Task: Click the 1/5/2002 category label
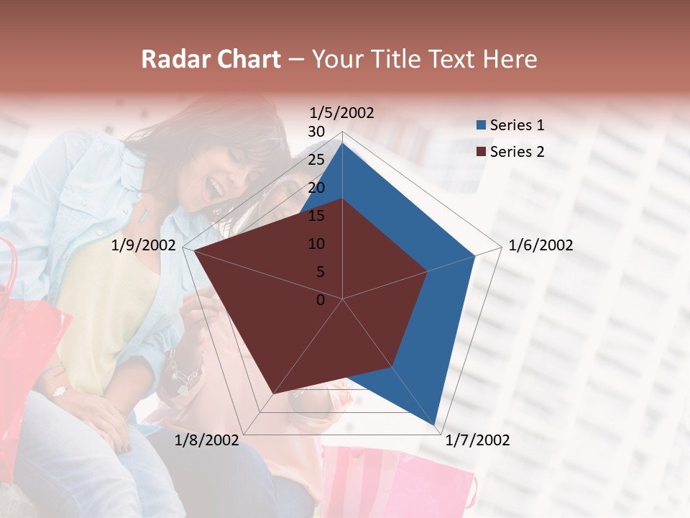[341, 112]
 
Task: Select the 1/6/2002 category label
[540, 245]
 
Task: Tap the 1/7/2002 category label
[477, 440]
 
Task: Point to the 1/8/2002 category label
[206, 440]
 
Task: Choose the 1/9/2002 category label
[144, 245]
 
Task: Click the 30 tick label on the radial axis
[316, 132]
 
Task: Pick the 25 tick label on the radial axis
[316, 160]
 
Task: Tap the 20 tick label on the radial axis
[316, 188]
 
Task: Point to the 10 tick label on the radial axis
[316, 244]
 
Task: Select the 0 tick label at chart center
[321, 300]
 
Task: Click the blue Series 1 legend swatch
[482, 125]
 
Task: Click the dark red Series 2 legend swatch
[482, 152]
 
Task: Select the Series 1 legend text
[517, 125]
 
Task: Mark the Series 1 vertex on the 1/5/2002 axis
[342, 142]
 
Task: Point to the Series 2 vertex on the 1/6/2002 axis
[428, 271]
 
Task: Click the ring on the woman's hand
[59, 391]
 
